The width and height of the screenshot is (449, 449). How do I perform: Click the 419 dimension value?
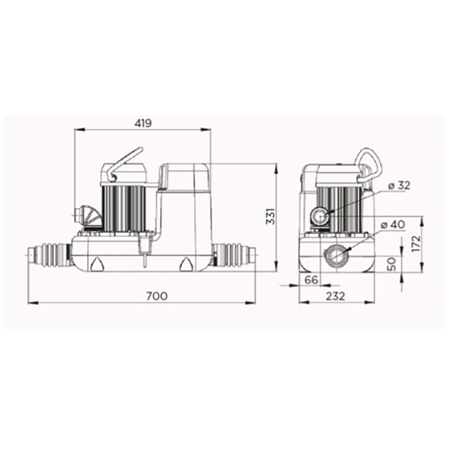143,123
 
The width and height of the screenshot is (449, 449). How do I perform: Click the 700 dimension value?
157,296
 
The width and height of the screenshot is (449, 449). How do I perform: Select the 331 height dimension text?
271,217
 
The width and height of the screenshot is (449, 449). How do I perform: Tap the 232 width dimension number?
335,296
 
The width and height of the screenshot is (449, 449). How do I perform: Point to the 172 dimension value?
416,244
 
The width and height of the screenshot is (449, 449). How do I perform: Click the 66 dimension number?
311,280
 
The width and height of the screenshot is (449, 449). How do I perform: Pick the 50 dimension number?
391,264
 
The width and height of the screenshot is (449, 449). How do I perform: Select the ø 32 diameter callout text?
399,186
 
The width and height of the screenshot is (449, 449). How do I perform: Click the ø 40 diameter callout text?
393,225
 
